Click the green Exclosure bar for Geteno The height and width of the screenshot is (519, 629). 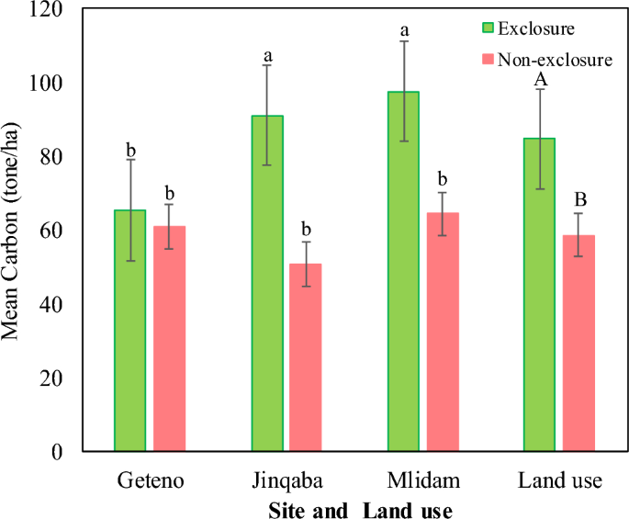129,331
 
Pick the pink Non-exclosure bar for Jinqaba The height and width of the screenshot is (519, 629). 306,357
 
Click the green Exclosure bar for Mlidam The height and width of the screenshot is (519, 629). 403,271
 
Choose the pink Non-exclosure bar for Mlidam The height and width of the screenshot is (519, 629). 443,332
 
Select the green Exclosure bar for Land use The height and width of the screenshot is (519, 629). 539,294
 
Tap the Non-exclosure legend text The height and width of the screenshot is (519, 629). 555,61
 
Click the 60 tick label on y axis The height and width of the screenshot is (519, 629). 51,231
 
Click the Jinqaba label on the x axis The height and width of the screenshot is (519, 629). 286,481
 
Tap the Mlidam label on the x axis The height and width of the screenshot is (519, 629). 422,481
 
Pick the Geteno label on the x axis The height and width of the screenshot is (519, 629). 149,481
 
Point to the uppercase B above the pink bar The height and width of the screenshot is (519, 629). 579,200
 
